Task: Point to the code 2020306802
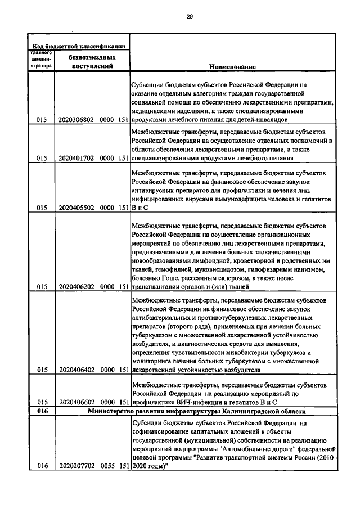pyautogui.click(x=76, y=119)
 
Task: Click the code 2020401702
pyautogui.click(x=76, y=159)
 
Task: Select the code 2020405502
pyautogui.click(x=76, y=208)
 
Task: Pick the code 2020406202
pyautogui.click(x=76, y=286)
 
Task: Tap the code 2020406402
pyautogui.click(x=76, y=370)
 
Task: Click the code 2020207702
pyautogui.click(x=76, y=466)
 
